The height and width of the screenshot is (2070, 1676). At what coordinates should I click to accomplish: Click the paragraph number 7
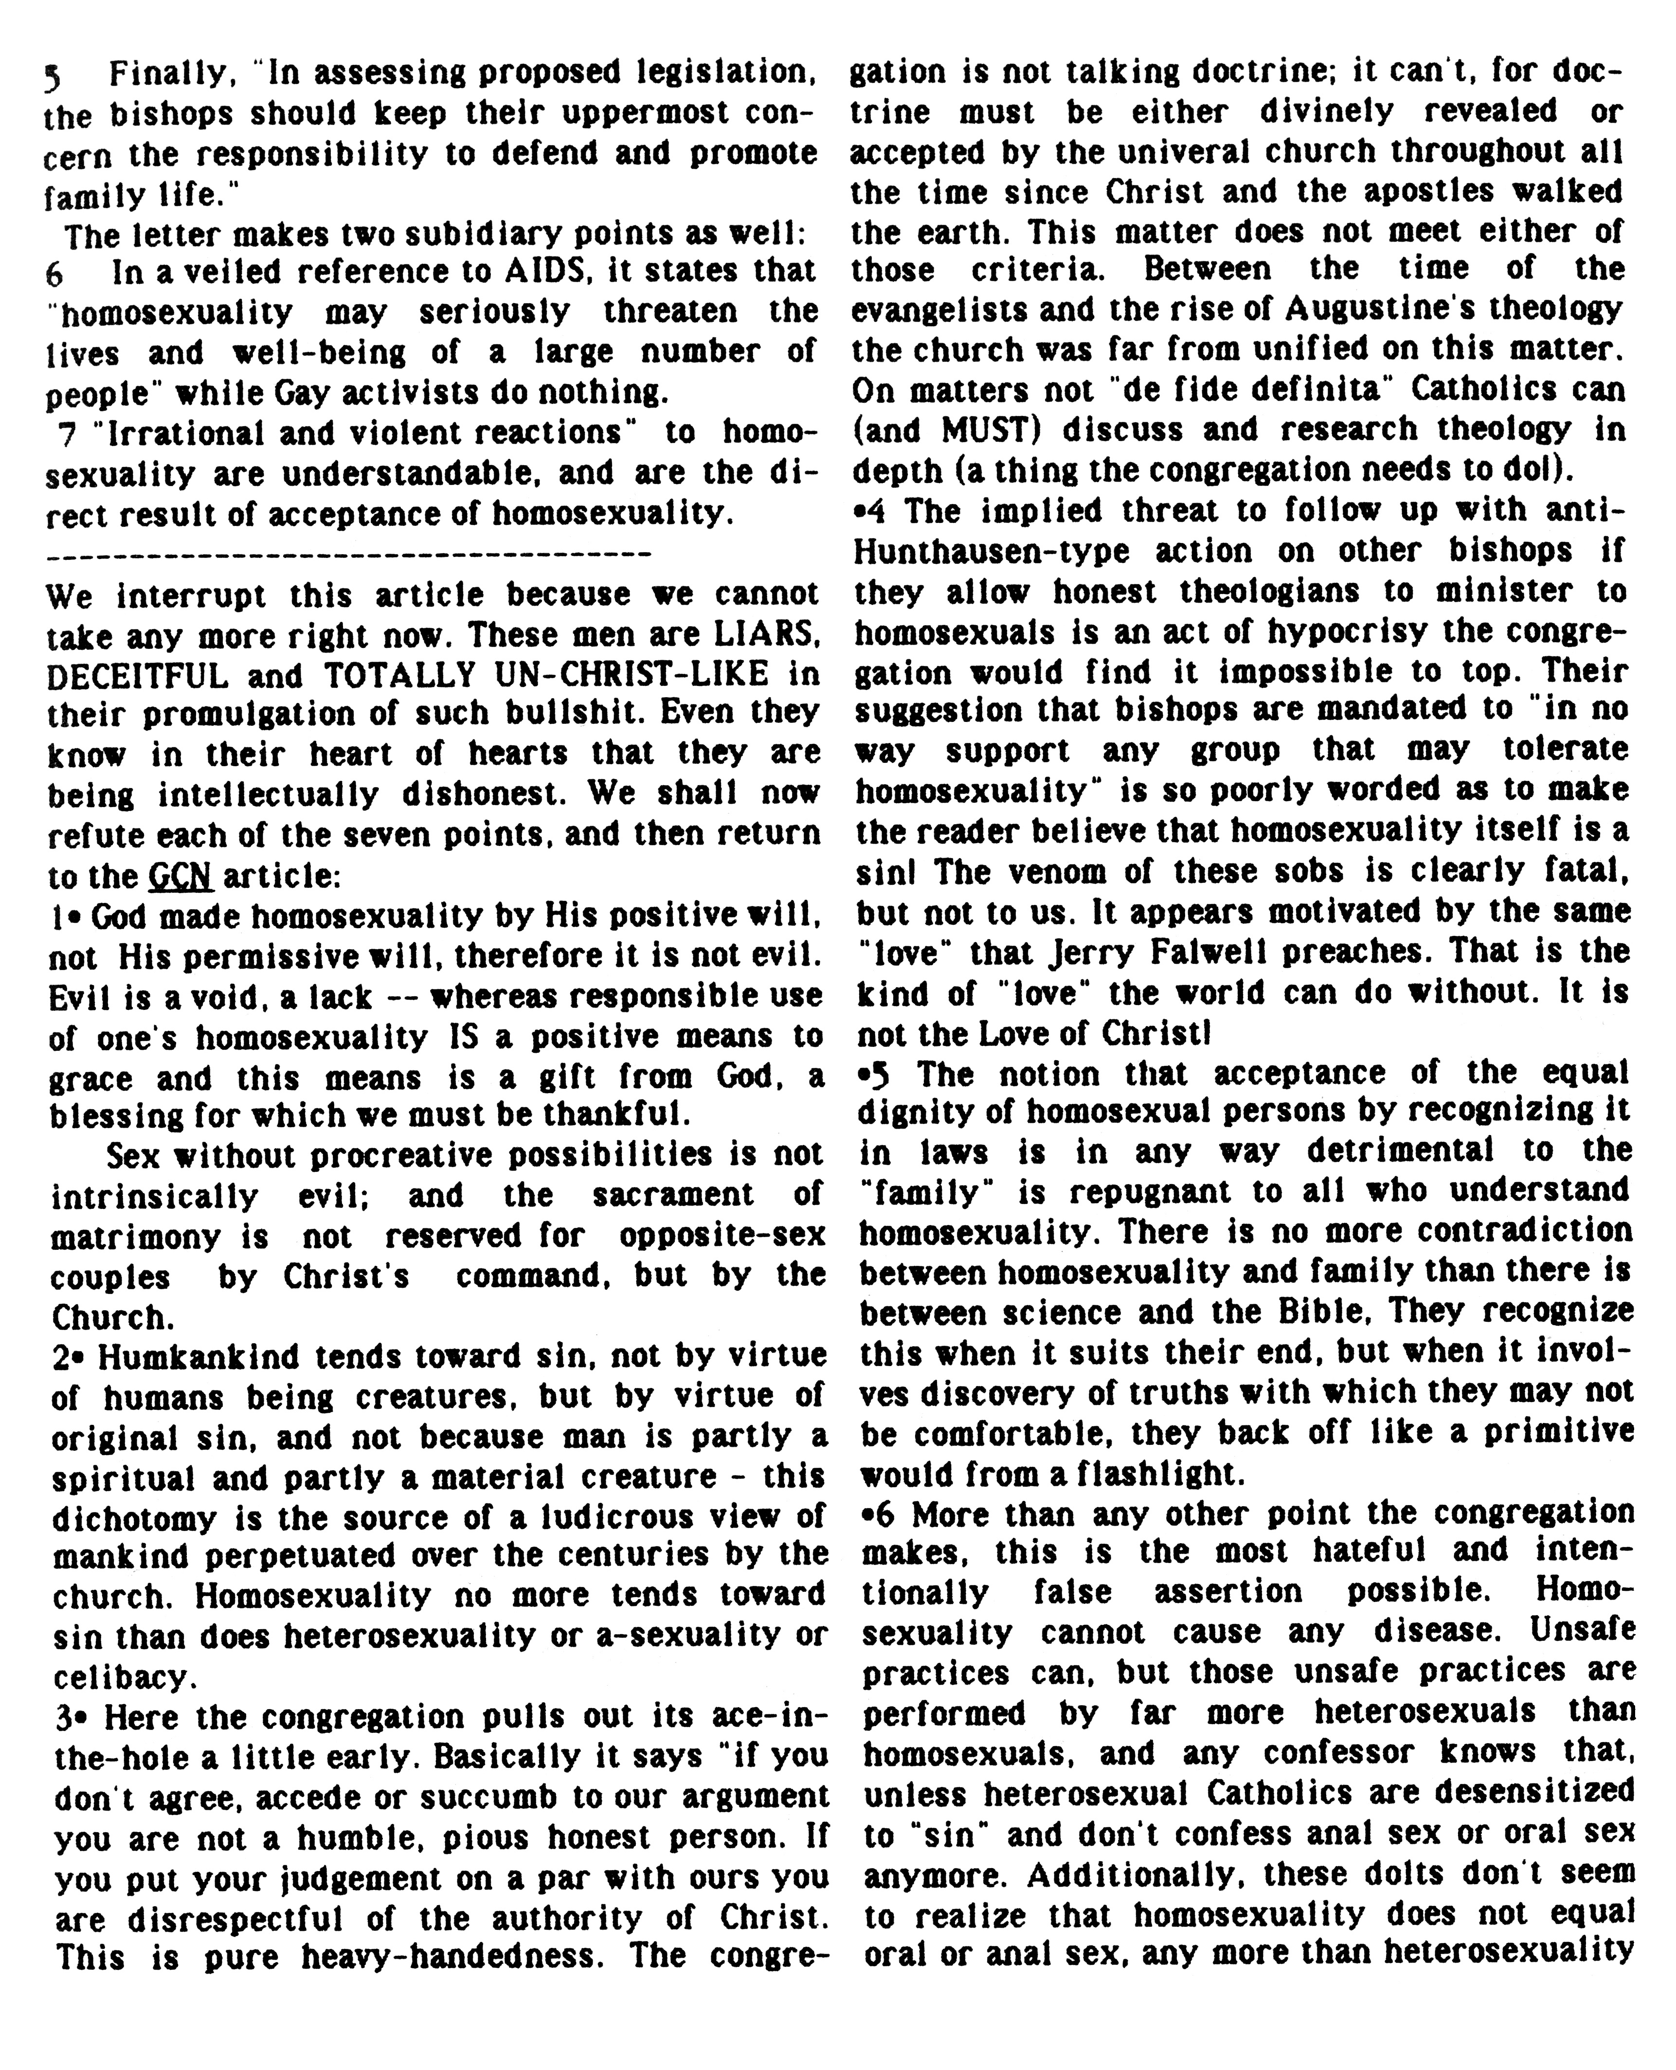pos(67,433)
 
